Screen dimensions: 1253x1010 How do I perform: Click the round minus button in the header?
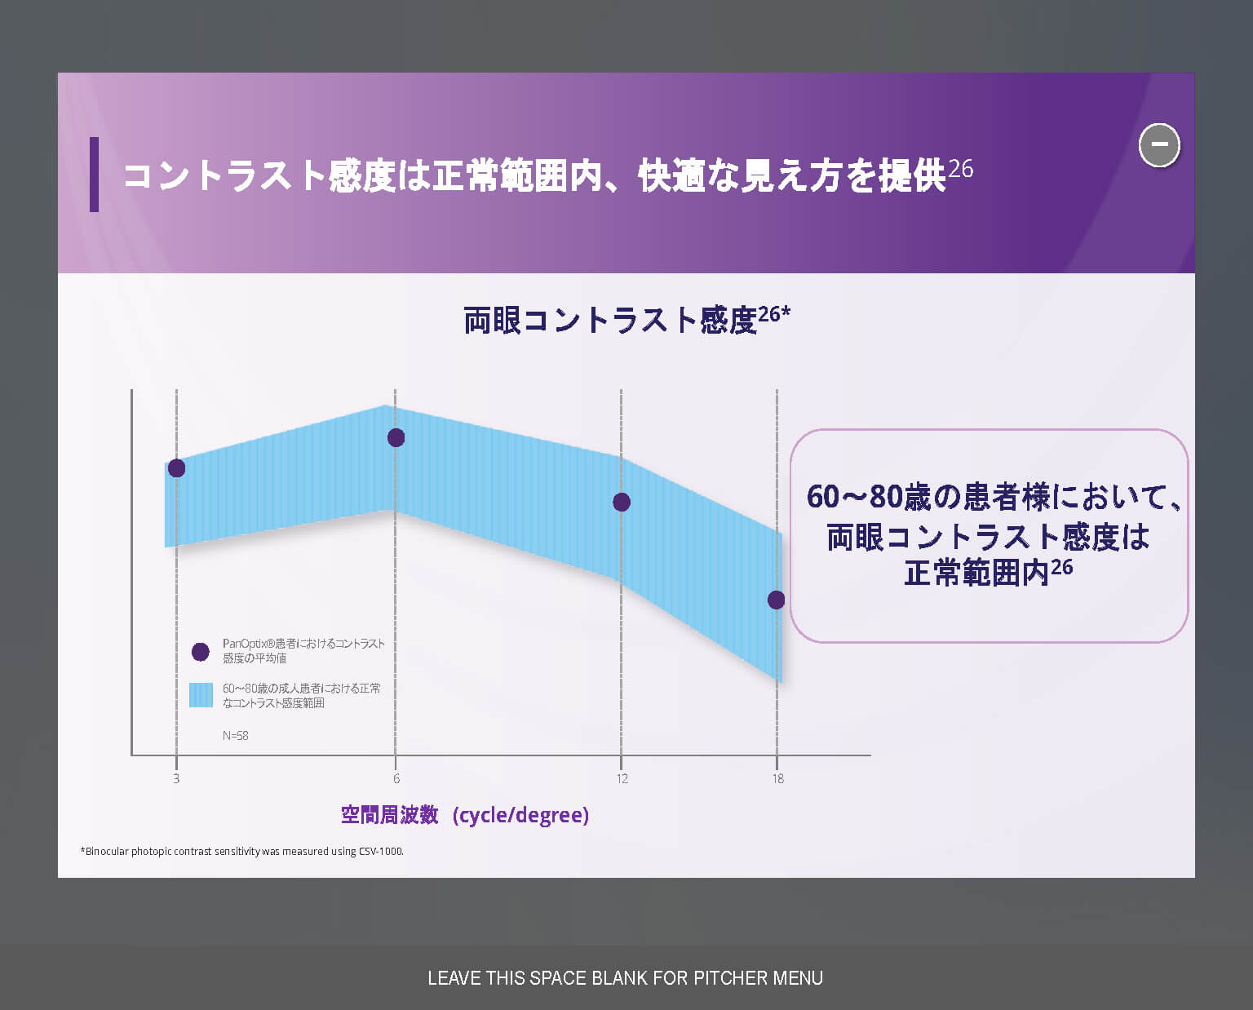tap(1159, 145)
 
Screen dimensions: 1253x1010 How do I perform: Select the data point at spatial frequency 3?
tap(176, 468)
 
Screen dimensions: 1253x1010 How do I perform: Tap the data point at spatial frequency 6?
tap(396, 437)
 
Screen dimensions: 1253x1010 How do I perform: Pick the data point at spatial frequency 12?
tap(622, 502)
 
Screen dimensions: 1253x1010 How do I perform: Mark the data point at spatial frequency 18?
tap(776, 600)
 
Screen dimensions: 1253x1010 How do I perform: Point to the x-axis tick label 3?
tap(176, 779)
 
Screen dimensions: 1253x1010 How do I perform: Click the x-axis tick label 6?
tap(396, 779)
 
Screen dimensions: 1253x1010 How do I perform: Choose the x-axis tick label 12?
tap(622, 779)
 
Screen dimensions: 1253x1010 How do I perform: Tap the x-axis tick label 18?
tap(778, 779)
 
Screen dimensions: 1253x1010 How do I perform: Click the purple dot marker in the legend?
tap(201, 652)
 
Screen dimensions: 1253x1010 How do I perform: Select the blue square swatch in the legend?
tap(201, 695)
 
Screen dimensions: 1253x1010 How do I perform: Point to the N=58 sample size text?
tap(235, 736)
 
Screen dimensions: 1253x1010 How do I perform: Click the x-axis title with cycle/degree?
tap(465, 815)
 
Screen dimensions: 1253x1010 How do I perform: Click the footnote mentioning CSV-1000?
tap(241, 851)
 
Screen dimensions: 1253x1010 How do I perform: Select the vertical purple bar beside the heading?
tap(95, 175)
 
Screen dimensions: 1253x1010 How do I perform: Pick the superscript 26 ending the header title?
tap(961, 169)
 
